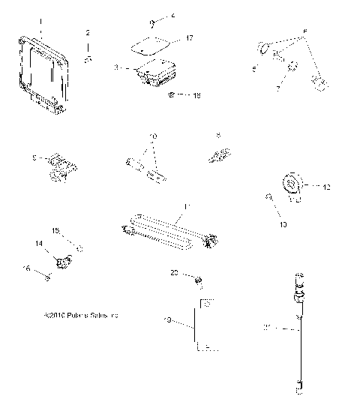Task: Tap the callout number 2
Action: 88,32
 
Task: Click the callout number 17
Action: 190,37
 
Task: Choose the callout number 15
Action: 54,229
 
